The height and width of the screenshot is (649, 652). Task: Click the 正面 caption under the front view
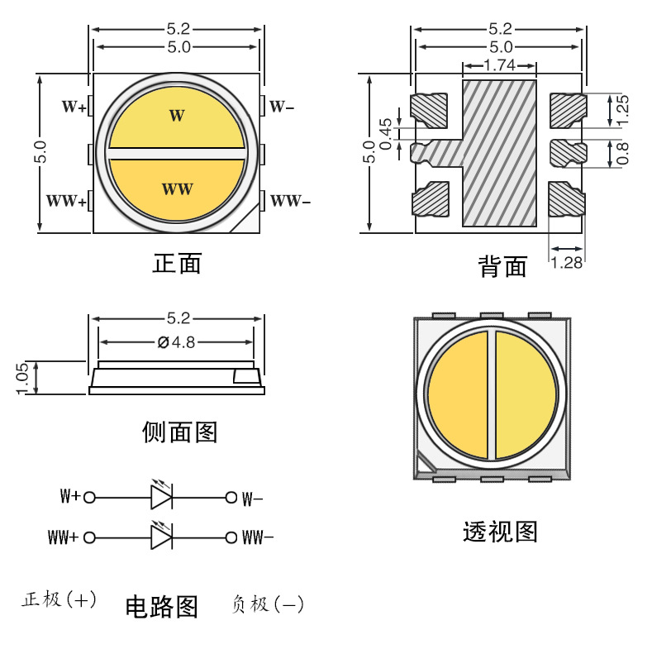click(x=177, y=264)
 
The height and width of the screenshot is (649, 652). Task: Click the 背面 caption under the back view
click(x=502, y=266)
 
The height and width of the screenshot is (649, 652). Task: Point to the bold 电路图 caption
click(x=161, y=607)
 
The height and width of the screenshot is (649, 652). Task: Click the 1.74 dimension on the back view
click(x=499, y=64)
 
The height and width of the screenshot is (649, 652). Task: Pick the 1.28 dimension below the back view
click(x=567, y=263)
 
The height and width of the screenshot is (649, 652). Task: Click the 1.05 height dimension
click(x=22, y=378)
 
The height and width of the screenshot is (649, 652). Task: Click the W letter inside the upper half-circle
click(x=177, y=116)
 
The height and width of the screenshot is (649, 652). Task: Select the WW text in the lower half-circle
click(x=177, y=189)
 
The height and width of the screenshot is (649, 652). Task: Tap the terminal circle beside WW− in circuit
click(x=231, y=537)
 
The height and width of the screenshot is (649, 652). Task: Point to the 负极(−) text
click(x=268, y=605)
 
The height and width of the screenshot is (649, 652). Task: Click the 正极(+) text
click(x=59, y=600)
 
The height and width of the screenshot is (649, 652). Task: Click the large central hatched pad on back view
click(x=499, y=153)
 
